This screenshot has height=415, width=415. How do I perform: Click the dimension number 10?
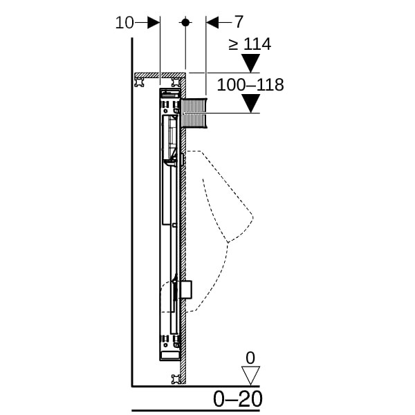click(x=124, y=23)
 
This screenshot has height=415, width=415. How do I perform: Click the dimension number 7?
click(x=239, y=21)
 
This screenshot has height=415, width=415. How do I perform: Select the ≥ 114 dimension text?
click(x=250, y=44)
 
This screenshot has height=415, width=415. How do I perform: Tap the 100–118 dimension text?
click(x=250, y=85)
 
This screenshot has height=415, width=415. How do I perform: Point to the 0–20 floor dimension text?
click(x=238, y=399)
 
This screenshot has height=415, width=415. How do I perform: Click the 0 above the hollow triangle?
click(x=250, y=358)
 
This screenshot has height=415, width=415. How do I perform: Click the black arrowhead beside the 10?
click(x=154, y=23)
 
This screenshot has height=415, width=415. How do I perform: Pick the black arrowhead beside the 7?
click(x=212, y=23)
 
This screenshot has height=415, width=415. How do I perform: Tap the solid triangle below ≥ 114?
click(x=250, y=63)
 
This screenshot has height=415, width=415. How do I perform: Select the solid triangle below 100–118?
click(x=250, y=104)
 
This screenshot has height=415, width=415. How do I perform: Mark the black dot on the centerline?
click(x=185, y=23)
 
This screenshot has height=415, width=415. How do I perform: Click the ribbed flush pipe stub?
click(x=194, y=113)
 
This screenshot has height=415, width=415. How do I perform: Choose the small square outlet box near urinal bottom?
click(x=186, y=290)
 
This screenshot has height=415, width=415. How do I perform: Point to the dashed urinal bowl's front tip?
click(x=252, y=217)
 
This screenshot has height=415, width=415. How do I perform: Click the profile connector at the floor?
click(x=176, y=379)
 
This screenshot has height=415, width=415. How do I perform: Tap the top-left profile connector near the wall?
click(x=140, y=82)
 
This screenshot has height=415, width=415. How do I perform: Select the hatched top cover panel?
click(x=160, y=75)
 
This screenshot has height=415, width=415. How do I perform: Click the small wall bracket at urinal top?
click(x=183, y=159)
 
